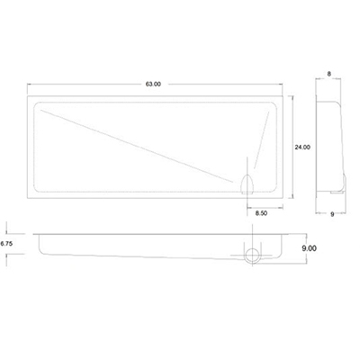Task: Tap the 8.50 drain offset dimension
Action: click(x=261, y=213)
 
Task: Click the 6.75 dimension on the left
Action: click(x=6, y=243)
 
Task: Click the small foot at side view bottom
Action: click(x=336, y=192)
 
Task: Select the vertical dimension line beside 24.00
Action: click(x=292, y=144)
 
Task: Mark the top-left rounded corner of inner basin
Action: click(x=37, y=106)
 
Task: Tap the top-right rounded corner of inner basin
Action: click(x=276, y=106)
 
